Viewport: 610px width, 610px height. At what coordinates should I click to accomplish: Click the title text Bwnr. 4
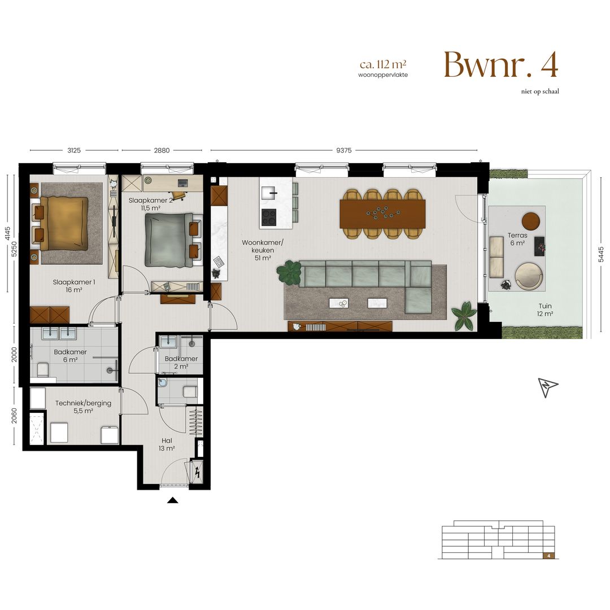point(500,65)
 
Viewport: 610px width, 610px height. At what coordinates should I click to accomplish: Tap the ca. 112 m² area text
point(382,65)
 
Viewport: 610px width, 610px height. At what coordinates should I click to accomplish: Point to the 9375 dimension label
point(343,150)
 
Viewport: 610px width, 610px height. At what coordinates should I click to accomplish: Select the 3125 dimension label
point(74,150)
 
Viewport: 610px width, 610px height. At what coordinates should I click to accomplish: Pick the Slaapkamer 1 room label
point(74,286)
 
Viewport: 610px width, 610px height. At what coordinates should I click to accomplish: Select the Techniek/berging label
point(83,407)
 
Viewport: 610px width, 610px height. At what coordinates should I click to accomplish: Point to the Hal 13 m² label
point(166,445)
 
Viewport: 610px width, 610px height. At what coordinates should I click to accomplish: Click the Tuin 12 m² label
point(545,310)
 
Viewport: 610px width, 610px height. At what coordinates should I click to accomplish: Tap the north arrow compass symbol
point(547,387)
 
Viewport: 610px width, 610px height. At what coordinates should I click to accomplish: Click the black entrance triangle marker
point(173,500)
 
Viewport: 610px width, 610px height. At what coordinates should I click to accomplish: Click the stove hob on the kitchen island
point(268,216)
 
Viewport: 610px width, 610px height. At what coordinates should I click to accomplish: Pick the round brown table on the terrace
point(531,220)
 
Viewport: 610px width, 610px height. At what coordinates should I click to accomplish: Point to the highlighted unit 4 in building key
point(548,555)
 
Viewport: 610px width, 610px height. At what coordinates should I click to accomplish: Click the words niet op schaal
point(540,91)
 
